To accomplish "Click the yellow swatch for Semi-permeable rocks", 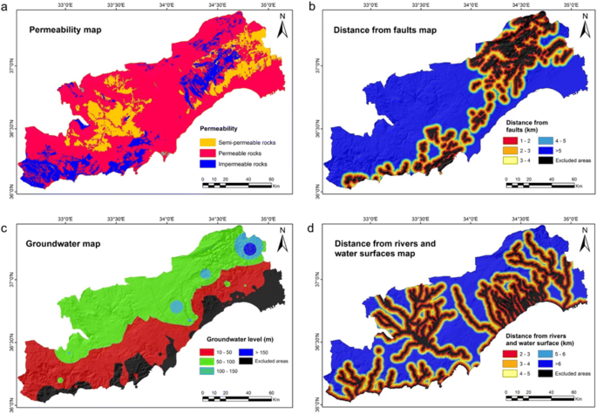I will pos(208,142).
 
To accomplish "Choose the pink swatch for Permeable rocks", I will pos(208,153).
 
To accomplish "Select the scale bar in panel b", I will pos(539,184).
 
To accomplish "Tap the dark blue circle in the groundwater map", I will pos(251,250).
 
